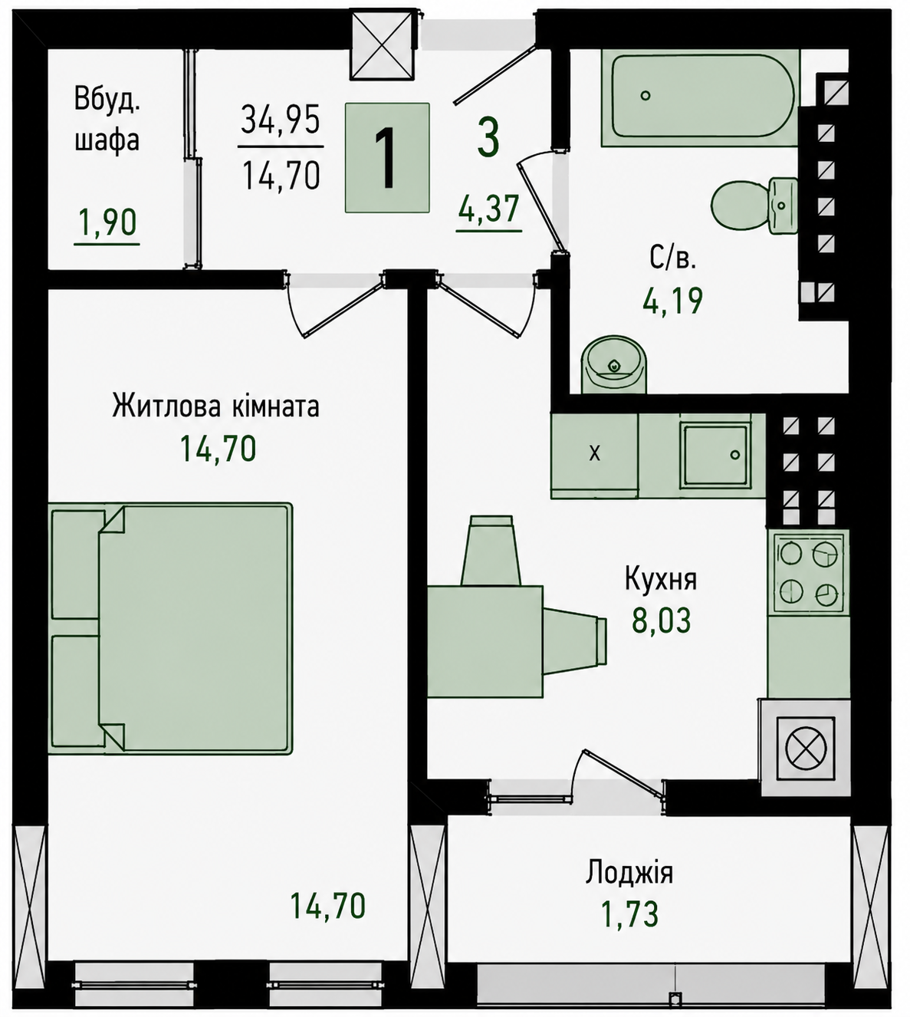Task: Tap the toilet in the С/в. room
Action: [x=754, y=206]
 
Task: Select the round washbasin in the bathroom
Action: [x=614, y=365]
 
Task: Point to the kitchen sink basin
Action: [x=716, y=456]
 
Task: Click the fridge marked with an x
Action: [x=594, y=456]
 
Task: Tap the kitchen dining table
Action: [x=485, y=641]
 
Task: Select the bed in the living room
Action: [x=170, y=628]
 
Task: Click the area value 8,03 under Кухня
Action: [x=661, y=620]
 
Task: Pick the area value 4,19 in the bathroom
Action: [x=672, y=301]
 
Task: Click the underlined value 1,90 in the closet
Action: [x=107, y=223]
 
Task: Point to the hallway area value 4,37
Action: [x=488, y=209]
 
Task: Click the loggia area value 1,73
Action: [x=629, y=913]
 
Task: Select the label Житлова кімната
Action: [x=215, y=406]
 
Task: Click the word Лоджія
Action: [x=629, y=874]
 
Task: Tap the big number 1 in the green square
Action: [x=386, y=158]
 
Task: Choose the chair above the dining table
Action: [x=491, y=550]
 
